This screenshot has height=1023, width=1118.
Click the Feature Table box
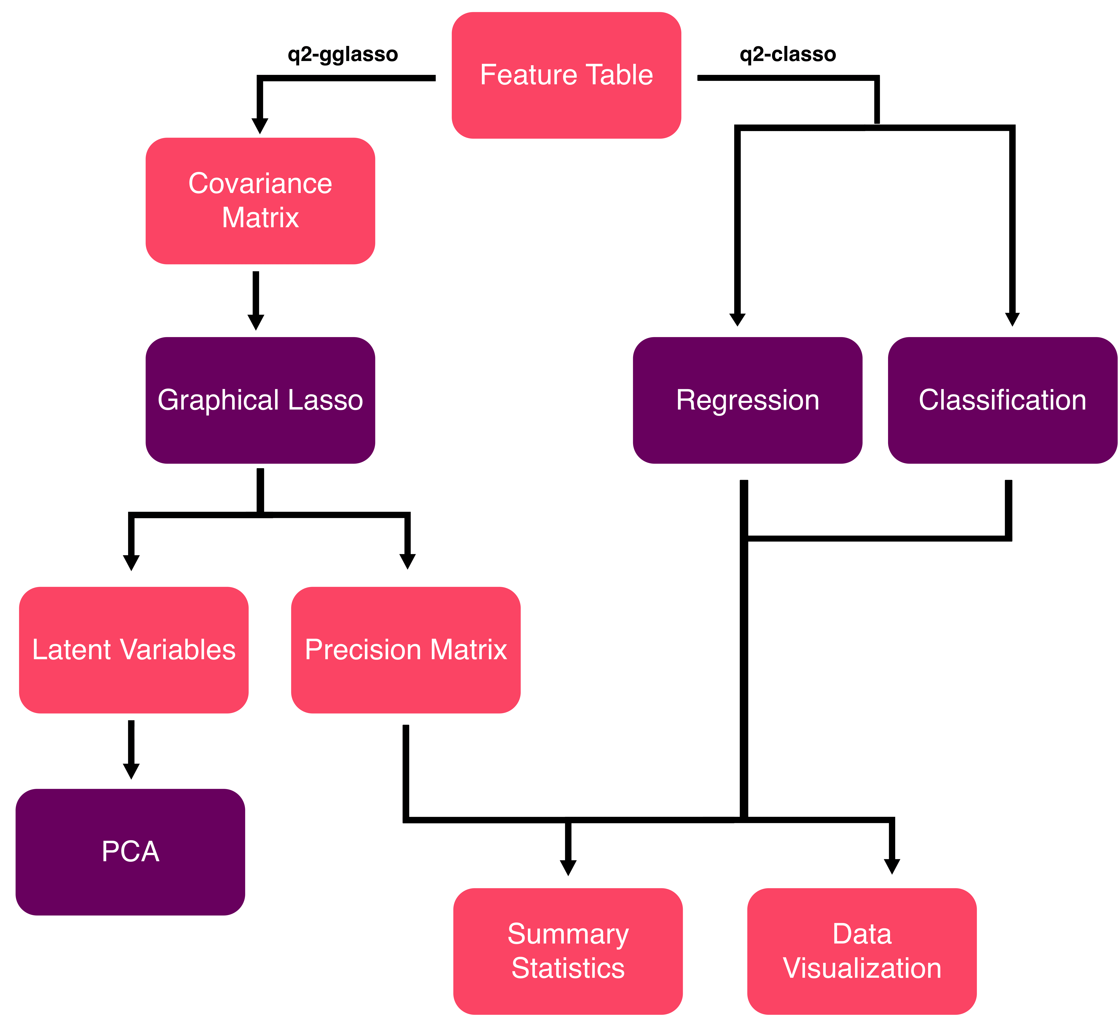566,75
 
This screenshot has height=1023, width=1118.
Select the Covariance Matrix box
260,201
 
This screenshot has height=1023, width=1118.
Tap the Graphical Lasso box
260,400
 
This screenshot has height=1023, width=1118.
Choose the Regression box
748,400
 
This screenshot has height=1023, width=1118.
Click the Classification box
1002,400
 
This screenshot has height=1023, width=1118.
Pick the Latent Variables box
134,649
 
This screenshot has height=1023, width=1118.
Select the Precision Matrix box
405,649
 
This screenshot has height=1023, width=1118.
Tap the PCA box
130,852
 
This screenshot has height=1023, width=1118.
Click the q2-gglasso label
343,54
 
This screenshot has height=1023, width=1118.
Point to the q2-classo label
787,54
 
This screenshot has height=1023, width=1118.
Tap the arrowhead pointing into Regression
738,320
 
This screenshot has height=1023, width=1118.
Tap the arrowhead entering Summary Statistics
568,868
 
